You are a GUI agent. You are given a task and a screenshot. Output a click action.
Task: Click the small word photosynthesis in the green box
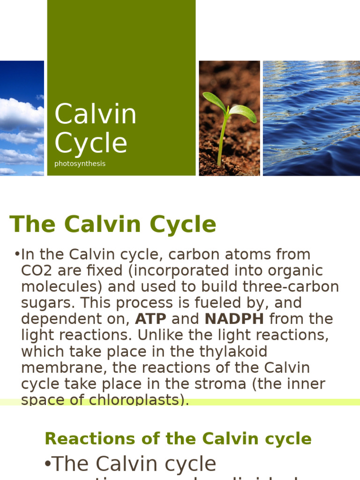tap(80, 164)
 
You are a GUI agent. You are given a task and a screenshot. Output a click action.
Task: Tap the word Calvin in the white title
tap(96, 114)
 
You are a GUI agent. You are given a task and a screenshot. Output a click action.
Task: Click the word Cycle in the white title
tap(91, 143)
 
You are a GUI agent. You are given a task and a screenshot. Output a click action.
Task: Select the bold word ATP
tap(150, 319)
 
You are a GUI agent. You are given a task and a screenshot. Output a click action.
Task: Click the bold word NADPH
tap(234, 319)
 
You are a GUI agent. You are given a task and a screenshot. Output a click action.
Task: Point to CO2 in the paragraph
tap(35, 271)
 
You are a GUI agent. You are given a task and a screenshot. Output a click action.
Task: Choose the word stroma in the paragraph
tap(221, 384)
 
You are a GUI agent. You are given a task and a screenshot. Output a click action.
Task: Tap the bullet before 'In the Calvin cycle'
tap(17, 255)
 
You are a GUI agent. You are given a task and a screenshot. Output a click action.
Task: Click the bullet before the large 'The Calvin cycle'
tap(47, 464)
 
